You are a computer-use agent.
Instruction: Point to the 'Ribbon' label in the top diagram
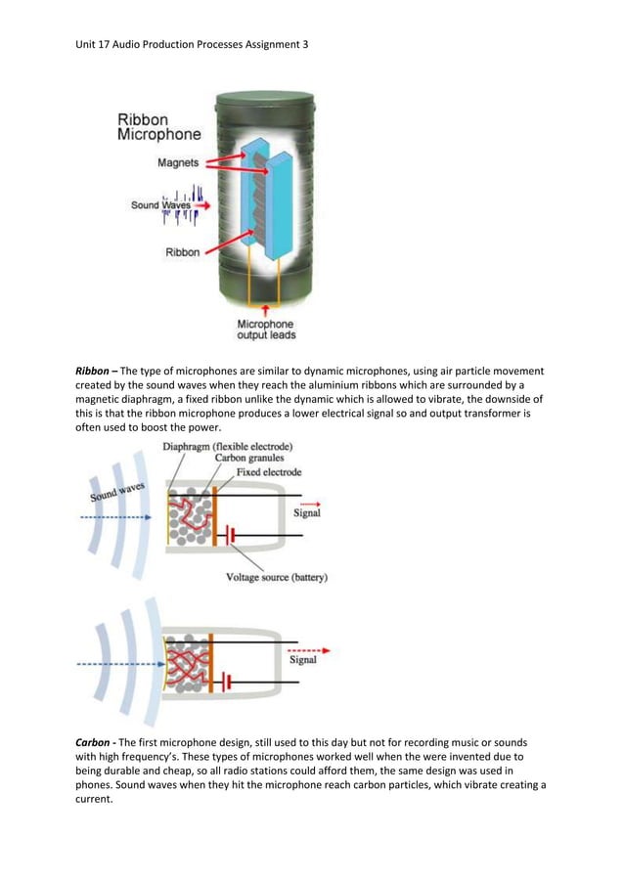tap(182, 252)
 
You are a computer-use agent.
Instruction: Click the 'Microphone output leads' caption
tap(265, 330)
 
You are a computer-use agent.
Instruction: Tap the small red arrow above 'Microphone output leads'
tap(265, 311)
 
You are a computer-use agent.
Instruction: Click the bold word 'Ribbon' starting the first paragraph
tap(94, 373)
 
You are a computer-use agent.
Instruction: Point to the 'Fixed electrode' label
tap(269, 472)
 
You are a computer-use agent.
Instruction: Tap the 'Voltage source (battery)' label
tap(277, 577)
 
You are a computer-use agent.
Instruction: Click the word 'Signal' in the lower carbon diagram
tap(303, 660)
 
